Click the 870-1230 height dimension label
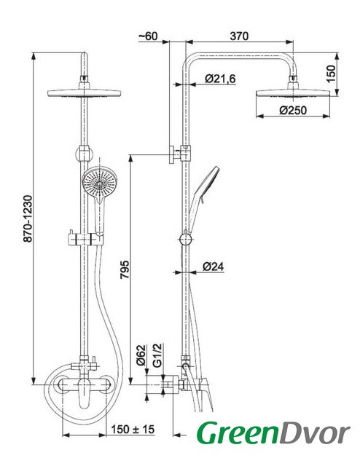coord(28,218)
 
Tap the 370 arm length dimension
coord(239,36)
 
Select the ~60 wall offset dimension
coord(148,36)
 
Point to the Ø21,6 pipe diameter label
coord(220,79)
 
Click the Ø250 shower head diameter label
coord(293,110)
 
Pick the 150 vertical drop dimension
coord(331,74)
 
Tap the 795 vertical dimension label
coord(125,269)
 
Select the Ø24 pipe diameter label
coord(213,266)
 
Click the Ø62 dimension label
coord(141,355)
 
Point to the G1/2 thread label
coord(157,355)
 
